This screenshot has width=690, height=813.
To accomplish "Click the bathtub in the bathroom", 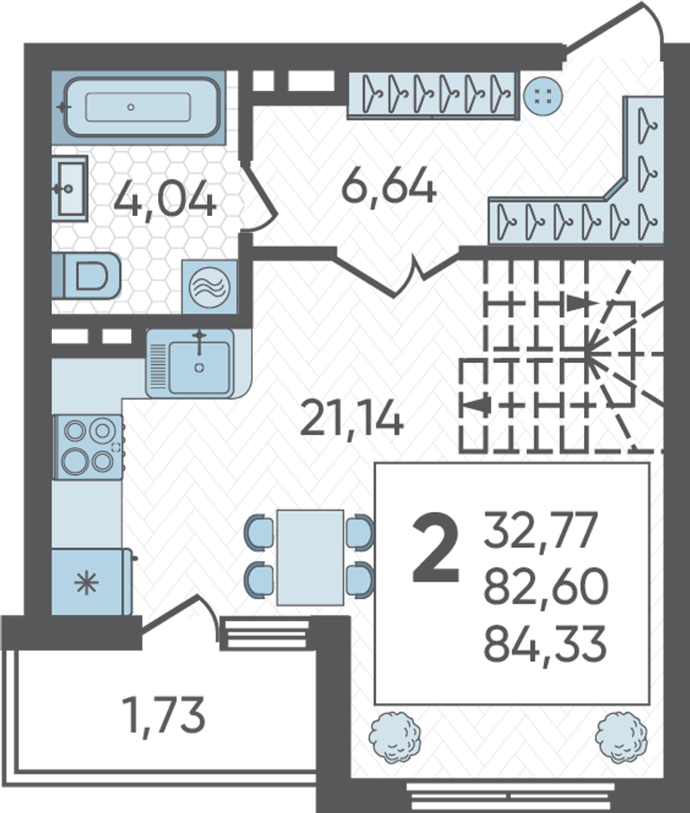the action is pos(139,108).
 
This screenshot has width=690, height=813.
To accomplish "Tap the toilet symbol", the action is pos(87,276).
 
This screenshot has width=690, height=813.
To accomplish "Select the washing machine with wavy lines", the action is pos(209,287).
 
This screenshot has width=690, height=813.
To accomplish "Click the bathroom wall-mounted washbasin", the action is pos(70,188).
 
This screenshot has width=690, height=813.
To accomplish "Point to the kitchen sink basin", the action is pos(199,364).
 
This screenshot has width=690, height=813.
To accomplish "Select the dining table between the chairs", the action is pos(310,557).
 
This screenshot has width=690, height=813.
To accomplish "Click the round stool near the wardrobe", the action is pos(543,96).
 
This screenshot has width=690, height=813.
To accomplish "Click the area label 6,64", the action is pos(389,185).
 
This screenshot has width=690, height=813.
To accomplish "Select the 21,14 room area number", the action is pos(351,419).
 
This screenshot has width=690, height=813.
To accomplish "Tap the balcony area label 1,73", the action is pos(163,716).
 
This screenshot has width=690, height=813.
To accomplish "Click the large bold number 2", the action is pos(436,547).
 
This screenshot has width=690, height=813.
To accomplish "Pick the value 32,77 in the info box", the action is pos(541,529).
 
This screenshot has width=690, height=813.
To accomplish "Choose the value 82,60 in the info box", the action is pos(546,586).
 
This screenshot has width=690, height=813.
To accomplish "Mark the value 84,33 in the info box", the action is pos(545,643).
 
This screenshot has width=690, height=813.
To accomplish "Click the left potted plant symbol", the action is pos(395,738).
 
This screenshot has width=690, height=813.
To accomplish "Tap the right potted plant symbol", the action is pos(621,737).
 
